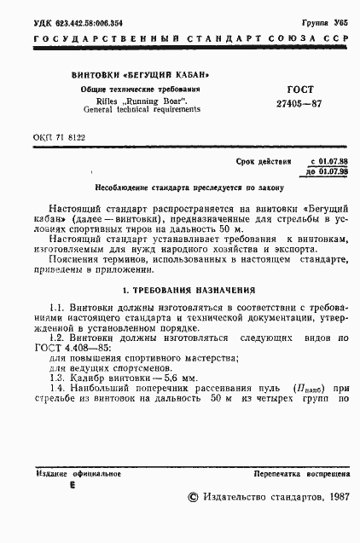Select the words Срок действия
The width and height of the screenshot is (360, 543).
(263, 160)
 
